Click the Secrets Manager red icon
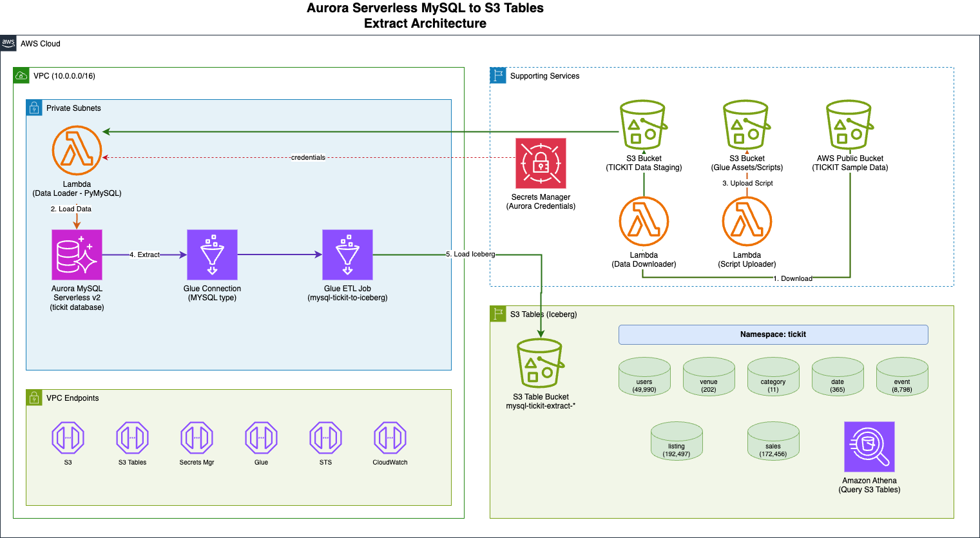tap(541, 164)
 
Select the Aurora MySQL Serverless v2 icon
tap(77, 255)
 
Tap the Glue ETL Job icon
tap(347, 255)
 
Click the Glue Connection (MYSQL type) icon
tap(212, 255)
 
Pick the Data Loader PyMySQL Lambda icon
tap(77, 151)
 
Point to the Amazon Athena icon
tap(869, 447)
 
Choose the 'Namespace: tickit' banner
tap(773, 334)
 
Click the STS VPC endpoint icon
tap(325, 438)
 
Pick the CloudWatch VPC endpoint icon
tap(390, 438)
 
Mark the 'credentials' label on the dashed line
tap(308, 157)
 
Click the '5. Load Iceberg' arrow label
tap(470, 254)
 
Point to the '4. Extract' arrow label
tap(145, 255)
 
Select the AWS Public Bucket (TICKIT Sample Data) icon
tap(850, 125)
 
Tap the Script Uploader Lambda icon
tap(747, 222)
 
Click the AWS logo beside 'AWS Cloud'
tap(8, 43)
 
